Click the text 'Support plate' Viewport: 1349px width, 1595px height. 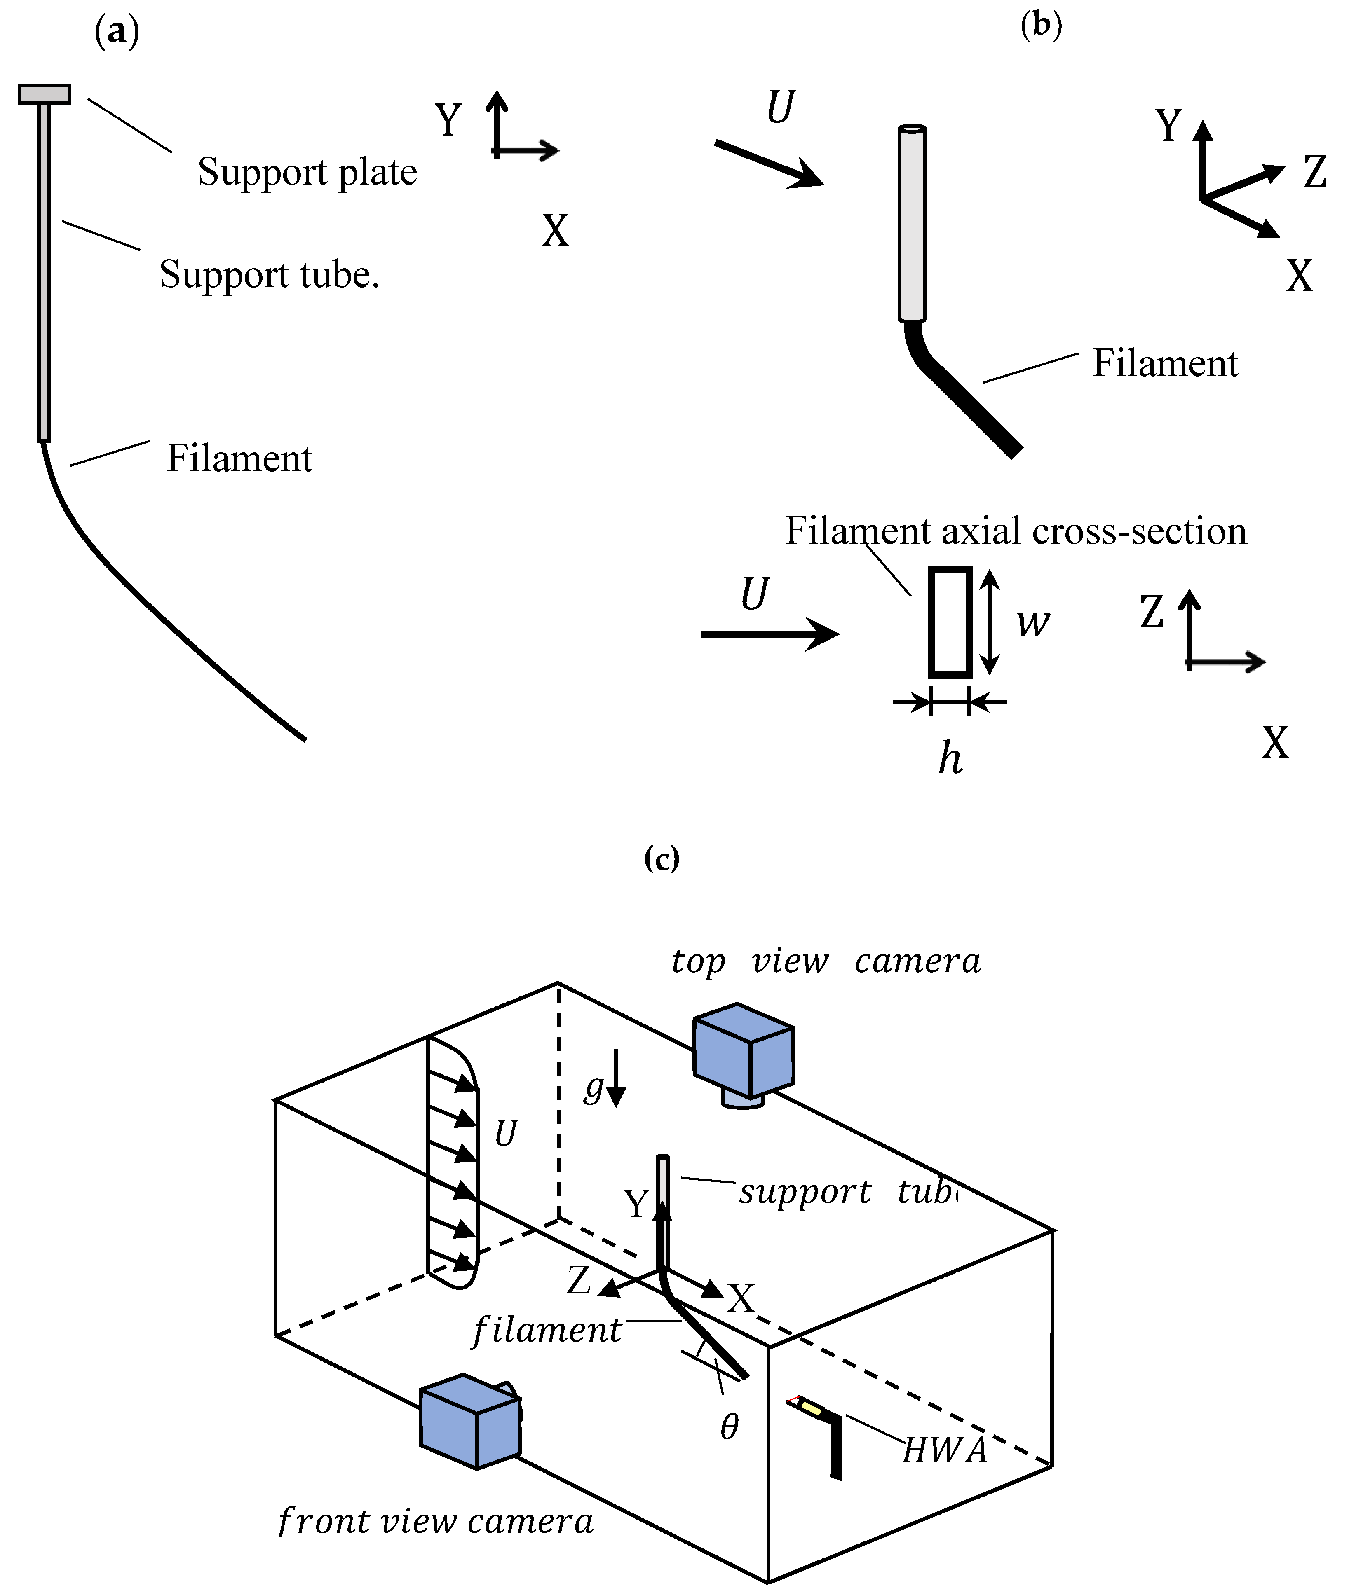tap(307, 172)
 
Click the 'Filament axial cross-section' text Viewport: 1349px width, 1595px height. tap(1016, 531)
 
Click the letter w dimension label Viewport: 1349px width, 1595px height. tap(1032, 622)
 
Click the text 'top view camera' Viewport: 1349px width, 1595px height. tap(826, 961)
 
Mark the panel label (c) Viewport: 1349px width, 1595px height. tap(662, 859)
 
